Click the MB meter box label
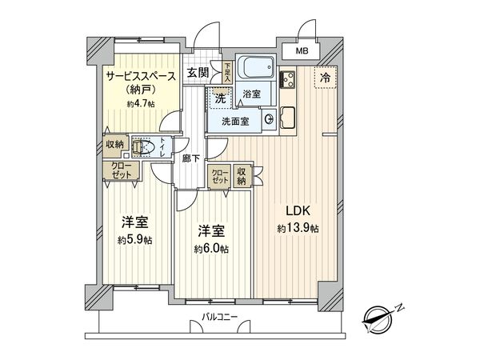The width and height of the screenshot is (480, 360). point(302,51)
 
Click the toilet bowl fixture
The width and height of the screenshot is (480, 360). point(142,146)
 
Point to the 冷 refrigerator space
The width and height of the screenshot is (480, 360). point(325,78)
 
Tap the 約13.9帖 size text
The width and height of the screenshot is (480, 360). point(298,228)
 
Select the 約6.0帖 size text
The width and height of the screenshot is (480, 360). point(212,249)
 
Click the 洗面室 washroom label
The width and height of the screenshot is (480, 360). point(234,121)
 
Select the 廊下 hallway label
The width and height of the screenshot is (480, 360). point(190,158)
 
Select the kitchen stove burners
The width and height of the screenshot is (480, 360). point(290,80)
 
